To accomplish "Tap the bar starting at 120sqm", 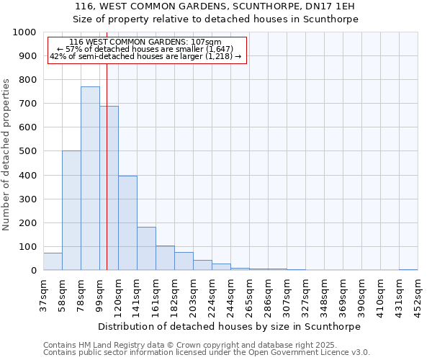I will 127,223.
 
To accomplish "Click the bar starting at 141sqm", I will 146,249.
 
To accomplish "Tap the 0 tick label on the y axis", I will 34,271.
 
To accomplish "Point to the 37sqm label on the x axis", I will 44,295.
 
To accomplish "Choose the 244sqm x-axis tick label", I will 231,295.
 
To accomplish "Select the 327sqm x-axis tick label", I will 306,295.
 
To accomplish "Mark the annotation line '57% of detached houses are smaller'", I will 146,49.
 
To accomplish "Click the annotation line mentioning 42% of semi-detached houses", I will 146,56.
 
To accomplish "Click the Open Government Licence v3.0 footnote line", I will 206,353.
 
